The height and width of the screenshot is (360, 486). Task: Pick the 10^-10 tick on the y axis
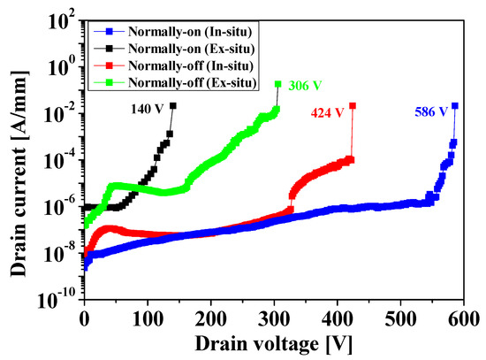click(x=57, y=300)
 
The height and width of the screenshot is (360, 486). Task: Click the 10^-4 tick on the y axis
click(x=58, y=160)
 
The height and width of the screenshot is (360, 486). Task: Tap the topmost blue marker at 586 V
click(x=455, y=105)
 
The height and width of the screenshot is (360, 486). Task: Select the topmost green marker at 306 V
click(x=277, y=84)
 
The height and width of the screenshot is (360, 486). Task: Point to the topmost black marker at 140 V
click(x=172, y=105)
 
